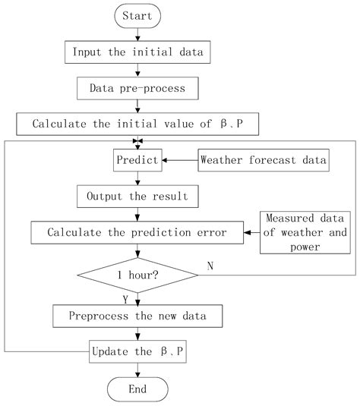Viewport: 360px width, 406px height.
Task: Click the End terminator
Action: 137,389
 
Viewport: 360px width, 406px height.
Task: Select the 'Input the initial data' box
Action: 137,52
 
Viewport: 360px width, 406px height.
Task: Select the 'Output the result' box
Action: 137,196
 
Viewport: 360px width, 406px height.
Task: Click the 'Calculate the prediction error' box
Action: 137,231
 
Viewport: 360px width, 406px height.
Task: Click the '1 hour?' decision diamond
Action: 137,276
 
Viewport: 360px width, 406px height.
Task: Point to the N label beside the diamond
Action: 210,266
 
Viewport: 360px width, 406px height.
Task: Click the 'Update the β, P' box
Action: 137,352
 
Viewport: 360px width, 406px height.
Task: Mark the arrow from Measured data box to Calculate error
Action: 251,231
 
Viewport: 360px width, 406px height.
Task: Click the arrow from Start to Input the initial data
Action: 137,35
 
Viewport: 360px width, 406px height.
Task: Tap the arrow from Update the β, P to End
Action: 137,370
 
